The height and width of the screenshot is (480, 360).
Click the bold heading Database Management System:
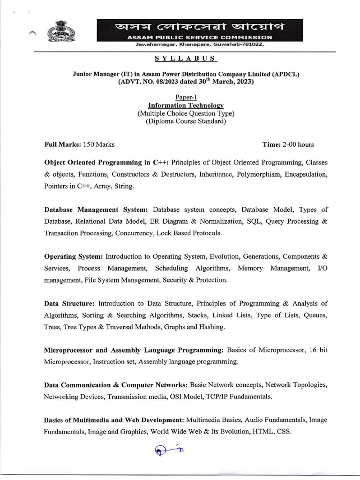pyautogui.click(x=96, y=209)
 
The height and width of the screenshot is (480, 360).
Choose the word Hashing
pyautogui.click(x=211, y=327)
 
